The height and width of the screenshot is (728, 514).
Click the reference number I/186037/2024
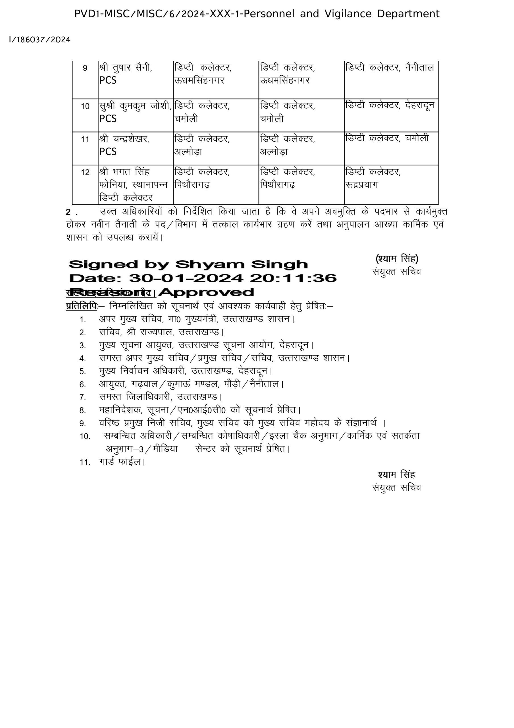pyautogui.click(x=39, y=40)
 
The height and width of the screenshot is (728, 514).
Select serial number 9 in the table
pyautogui.click(x=85, y=68)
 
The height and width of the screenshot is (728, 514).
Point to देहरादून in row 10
pyautogui.click(x=420, y=105)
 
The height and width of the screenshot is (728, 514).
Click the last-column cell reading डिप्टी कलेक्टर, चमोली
pyautogui.click(x=387, y=138)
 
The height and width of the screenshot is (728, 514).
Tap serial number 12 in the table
pyautogui.click(x=85, y=173)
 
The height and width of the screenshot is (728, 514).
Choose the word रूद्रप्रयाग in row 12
pyautogui.click(x=362, y=185)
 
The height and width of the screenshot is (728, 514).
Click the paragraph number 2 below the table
pyautogui.click(x=68, y=212)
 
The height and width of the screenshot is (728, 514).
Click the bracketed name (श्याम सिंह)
pyautogui.click(x=397, y=259)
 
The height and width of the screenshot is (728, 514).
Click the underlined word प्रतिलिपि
pyautogui.click(x=82, y=306)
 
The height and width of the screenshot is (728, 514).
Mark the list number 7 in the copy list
pyautogui.click(x=82, y=397)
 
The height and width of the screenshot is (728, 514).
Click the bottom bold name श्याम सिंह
pyautogui.click(x=396, y=475)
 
